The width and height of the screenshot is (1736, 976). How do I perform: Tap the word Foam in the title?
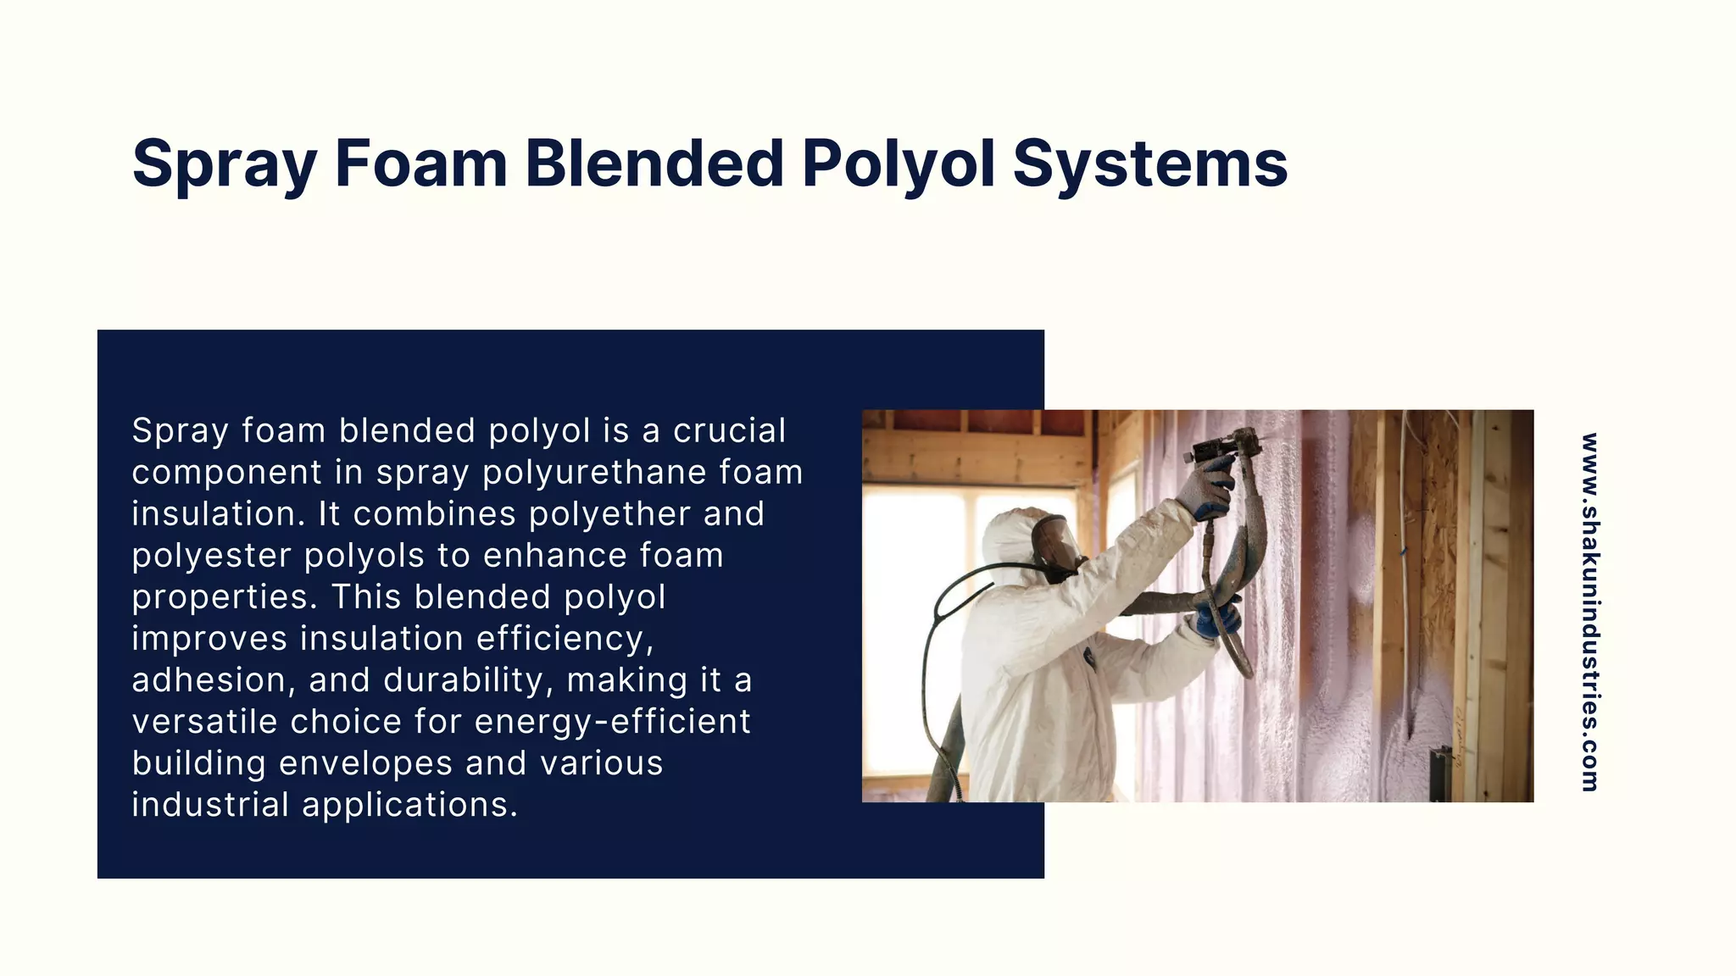coord(420,164)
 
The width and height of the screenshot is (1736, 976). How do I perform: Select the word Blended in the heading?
coord(654,164)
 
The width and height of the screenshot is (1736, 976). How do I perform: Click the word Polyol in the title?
coord(898,164)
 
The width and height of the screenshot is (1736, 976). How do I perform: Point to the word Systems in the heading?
coord(1150,164)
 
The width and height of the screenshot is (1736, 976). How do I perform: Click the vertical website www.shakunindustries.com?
coord(1589,612)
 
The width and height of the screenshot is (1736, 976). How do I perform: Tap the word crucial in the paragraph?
coord(729,430)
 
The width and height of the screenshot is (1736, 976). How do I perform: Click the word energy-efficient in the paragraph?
coord(612,722)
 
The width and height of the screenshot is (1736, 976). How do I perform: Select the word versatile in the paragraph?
coord(204,722)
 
